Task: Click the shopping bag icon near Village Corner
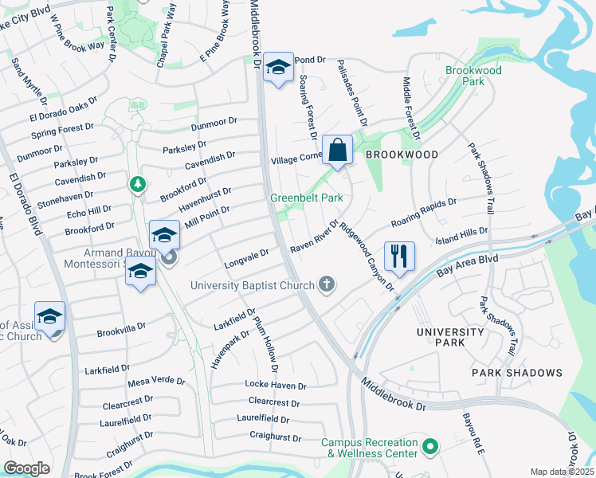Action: [x=338, y=150]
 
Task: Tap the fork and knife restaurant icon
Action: [x=399, y=257]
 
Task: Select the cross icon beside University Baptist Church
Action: [x=326, y=284]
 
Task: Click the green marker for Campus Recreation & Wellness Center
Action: [x=431, y=448]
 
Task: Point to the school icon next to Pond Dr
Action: [x=278, y=68]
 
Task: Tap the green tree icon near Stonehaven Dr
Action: [x=138, y=184]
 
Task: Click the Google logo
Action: [x=26, y=468]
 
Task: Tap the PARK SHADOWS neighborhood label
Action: [x=516, y=373]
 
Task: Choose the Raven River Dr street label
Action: [x=315, y=238]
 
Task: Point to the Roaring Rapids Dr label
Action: [x=423, y=213]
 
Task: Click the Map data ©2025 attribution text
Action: [x=563, y=472]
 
